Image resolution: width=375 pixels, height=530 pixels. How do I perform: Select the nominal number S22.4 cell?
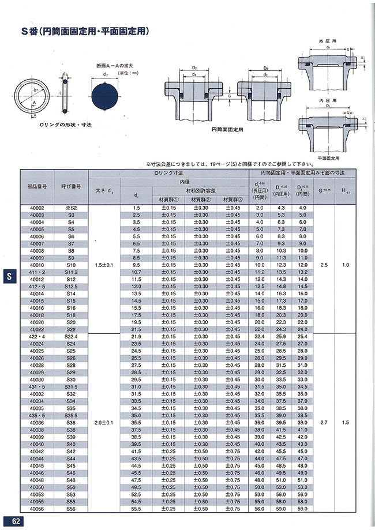click(x=71, y=336)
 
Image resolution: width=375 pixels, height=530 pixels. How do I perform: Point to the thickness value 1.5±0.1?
click(x=103, y=265)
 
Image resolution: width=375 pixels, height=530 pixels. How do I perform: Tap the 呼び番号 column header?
click(x=71, y=187)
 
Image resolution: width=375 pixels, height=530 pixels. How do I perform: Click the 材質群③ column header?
click(x=234, y=200)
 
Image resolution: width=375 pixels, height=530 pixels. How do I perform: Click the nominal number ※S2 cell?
click(x=71, y=208)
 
